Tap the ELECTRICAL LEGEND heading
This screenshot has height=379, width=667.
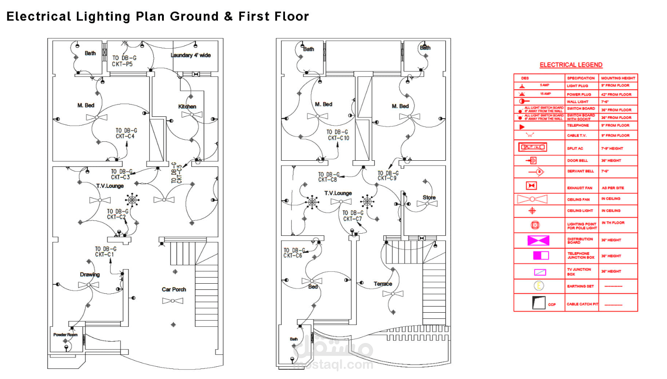point(571,65)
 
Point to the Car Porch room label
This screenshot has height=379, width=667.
point(174,289)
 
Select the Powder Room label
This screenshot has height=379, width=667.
point(65,335)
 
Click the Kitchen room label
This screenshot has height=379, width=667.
point(187,107)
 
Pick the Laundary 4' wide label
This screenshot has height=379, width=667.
point(191,55)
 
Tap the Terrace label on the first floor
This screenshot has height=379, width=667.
point(383,284)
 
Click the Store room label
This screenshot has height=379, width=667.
point(429,198)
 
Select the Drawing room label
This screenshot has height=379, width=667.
point(90,274)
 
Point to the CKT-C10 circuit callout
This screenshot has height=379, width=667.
point(338,138)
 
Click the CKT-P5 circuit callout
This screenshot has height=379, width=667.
point(122,64)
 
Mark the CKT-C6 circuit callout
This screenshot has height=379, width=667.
point(293,256)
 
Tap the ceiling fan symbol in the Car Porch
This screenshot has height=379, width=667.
point(173,301)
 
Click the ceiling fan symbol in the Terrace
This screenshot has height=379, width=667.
point(393,294)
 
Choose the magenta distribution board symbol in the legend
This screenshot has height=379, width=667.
point(538,240)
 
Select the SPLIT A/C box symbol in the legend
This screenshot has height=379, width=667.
point(533,147)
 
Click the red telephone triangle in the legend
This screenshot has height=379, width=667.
point(522,127)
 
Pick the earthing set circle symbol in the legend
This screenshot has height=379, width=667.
point(539,286)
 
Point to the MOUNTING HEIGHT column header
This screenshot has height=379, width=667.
point(618,78)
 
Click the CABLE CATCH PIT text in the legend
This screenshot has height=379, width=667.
point(582,304)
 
